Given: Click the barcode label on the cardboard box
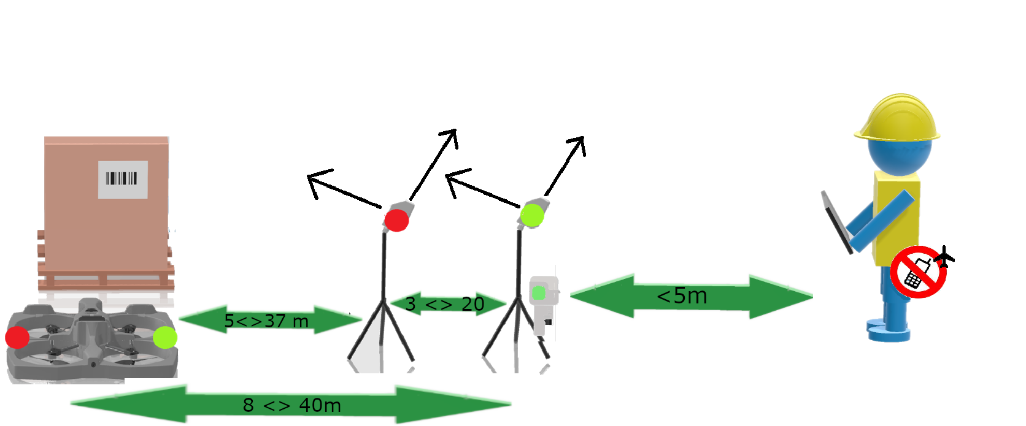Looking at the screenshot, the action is pyautogui.click(x=123, y=180).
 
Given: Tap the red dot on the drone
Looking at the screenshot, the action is pyautogui.click(x=17, y=338).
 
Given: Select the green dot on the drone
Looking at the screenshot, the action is pyautogui.click(x=165, y=338).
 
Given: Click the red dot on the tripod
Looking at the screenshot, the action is pyautogui.click(x=396, y=220).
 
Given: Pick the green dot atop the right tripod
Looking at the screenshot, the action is pyautogui.click(x=532, y=216).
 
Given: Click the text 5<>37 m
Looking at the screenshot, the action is pyautogui.click(x=266, y=321).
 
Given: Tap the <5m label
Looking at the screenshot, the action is pyautogui.click(x=682, y=296).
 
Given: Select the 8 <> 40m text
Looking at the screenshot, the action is pyautogui.click(x=291, y=405).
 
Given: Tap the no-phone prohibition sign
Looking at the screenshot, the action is pyautogui.click(x=919, y=272).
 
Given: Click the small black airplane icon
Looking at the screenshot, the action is pyautogui.click(x=944, y=257).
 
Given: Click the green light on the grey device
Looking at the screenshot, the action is pyautogui.click(x=539, y=293).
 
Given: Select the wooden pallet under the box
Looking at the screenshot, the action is pyautogui.click(x=106, y=270).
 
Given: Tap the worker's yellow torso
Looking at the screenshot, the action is pyautogui.click(x=897, y=219).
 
